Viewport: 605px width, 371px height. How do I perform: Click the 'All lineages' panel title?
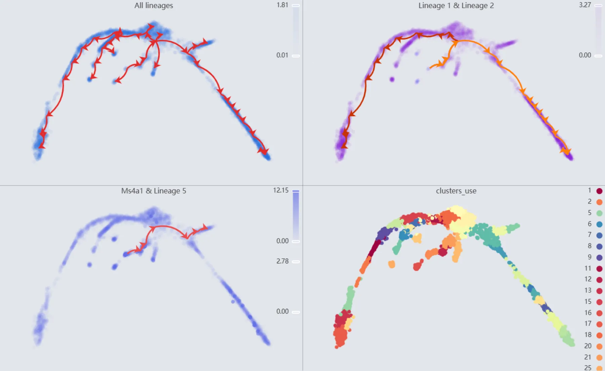(x=154, y=6)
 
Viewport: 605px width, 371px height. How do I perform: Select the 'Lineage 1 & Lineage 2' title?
(x=456, y=6)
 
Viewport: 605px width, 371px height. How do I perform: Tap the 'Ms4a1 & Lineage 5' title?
(x=154, y=191)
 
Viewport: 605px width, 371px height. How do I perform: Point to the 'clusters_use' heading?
(x=456, y=191)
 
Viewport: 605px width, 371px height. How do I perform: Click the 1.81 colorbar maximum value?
(x=282, y=5)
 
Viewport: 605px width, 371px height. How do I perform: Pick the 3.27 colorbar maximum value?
(x=585, y=5)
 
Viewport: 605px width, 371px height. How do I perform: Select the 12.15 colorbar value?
(x=281, y=190)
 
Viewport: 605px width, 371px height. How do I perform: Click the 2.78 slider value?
(x=282, y=261)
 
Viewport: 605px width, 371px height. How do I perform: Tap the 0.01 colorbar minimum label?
(x=282, y=55)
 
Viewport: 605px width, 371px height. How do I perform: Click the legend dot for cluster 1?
(x=599, y=191)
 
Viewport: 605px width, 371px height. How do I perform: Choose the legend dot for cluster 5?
(x=599, y=213)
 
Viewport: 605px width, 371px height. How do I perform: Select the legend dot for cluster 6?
(x=599, y=224)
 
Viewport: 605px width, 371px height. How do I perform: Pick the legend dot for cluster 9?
(x=599, y=258)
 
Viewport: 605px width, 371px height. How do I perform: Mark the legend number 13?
(x=588, y=290)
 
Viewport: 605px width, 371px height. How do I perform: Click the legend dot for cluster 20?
(x=599, y=346)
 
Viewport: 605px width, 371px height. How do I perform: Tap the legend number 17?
(x=588, y=324)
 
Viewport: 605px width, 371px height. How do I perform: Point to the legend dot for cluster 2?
(x=599, y=202)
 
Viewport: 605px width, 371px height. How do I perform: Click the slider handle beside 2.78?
(x=296, y=262)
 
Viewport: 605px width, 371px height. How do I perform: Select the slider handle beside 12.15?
(x=296, y=191)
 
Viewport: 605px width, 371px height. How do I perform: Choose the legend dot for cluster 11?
(x=599, y=269)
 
